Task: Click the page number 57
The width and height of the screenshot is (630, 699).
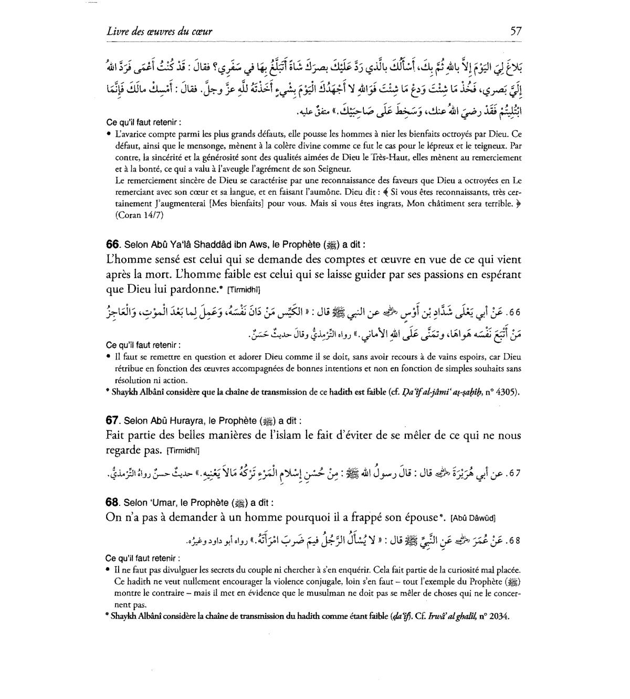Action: tap(515, 31)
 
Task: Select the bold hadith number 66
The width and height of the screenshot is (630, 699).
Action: tap(113, 245)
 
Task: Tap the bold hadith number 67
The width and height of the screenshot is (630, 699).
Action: tap(113, 420)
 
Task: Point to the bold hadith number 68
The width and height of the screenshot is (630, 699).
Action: tap(113, 502)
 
